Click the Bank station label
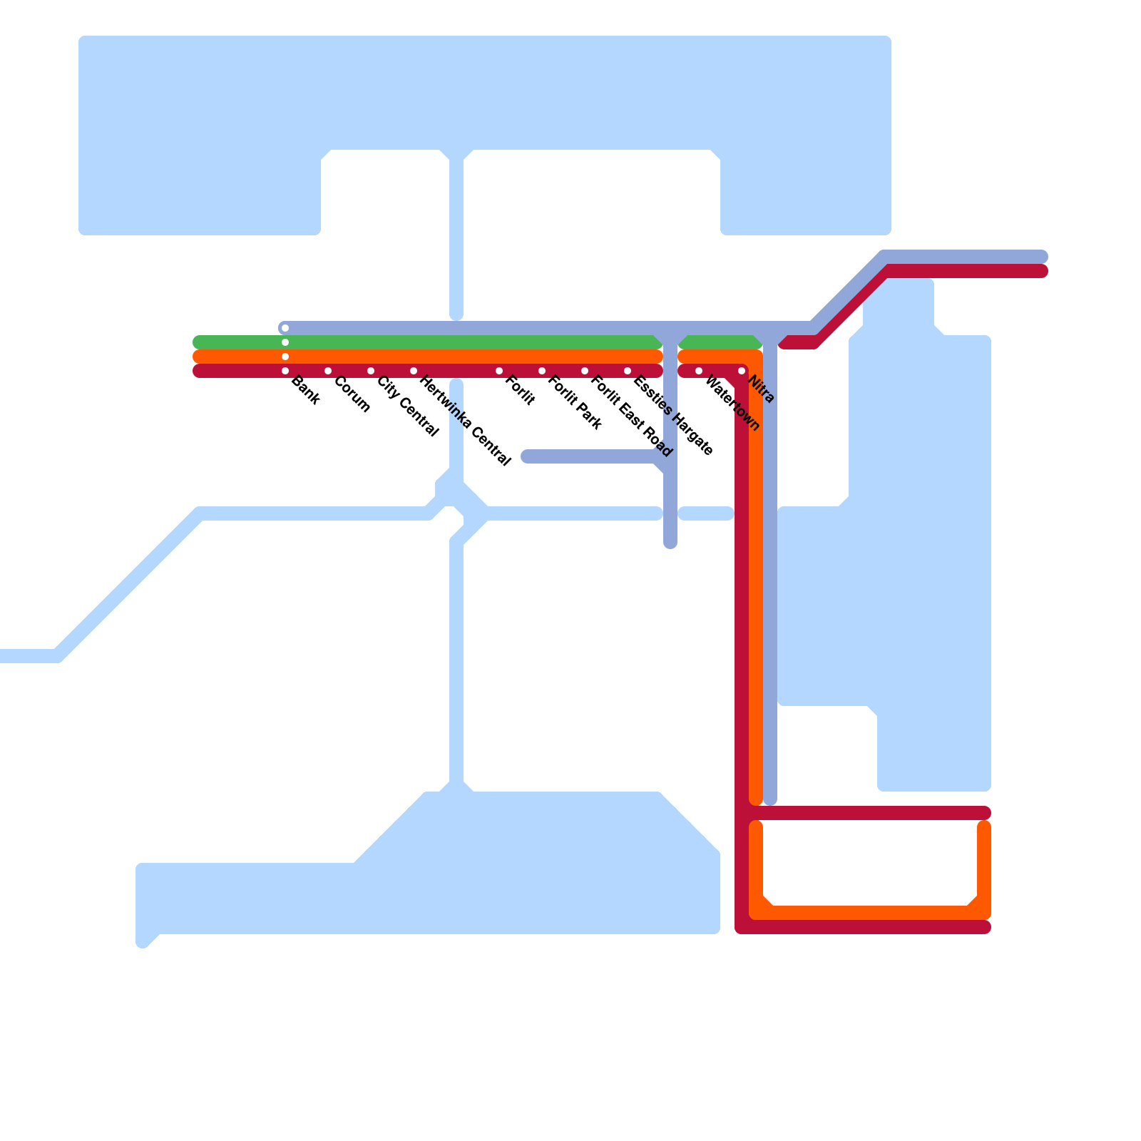click(x=306, y=391)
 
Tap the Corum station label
click(x=352, y=394)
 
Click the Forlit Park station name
click(x=575, y=403)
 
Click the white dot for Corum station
click(x=328, y=371)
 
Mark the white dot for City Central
click(x=371, y=371)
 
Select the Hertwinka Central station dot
click(x=414, y=371)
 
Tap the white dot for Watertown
click(x=699, y=371)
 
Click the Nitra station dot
click(x=742, y=371)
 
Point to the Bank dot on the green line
click(x=285, y=342)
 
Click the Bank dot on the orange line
click(x=285, y=357)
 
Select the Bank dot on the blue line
click(x=285, y=328)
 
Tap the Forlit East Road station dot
click(x=585, y=371)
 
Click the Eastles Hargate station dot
click(x=628, y=371)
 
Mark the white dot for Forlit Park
click(x=542, y=371)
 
